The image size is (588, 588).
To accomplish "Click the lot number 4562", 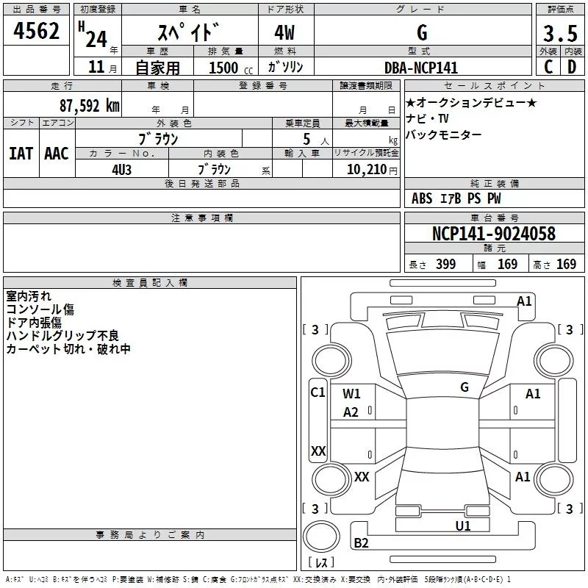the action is [x=37, y=32].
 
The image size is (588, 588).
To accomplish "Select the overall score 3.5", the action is [x=560, y=35].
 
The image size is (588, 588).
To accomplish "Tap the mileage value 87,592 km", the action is [x=89, y=106].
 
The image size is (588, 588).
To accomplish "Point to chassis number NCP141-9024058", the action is [x=494, y=234].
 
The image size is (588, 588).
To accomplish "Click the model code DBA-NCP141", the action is [x=421, y=68].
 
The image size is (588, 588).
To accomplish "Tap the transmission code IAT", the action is [x=21, y=154].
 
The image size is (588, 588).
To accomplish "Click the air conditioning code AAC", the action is [x=57, y=154].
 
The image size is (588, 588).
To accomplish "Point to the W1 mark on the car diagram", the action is [x=352, y=394].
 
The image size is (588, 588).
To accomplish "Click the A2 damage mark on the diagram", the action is [x=351, y=412].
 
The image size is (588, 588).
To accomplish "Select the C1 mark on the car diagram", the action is [x=318, y=392].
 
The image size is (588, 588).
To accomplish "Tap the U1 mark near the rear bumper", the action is [x=462, y=526].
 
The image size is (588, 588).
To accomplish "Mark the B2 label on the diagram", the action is [x=361, y=543].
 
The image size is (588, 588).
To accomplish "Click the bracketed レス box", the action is [x=320, y=563].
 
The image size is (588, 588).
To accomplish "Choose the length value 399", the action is [x=445, y=265].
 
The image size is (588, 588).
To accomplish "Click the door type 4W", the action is [x=286, y=34].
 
